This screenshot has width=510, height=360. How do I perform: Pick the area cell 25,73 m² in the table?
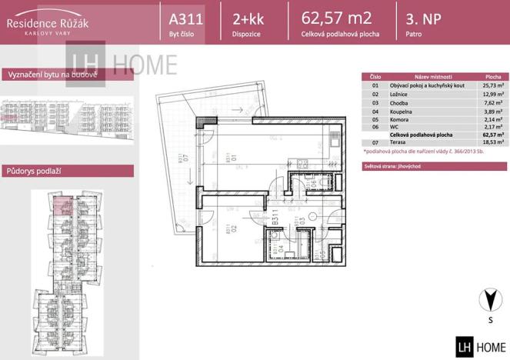click(x=493, y=85)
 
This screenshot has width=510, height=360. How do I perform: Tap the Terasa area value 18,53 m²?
click(x=493, y=143)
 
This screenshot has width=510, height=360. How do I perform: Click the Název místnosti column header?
click(x=428, y=77)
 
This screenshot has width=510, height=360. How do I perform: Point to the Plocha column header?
click(x=493, y=77)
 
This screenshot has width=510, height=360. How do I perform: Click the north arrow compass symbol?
click(x=485, y=300)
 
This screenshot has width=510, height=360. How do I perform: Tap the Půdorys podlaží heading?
click(x=33, y=170)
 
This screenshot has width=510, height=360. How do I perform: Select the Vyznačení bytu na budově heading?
click(x=51, y=75)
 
